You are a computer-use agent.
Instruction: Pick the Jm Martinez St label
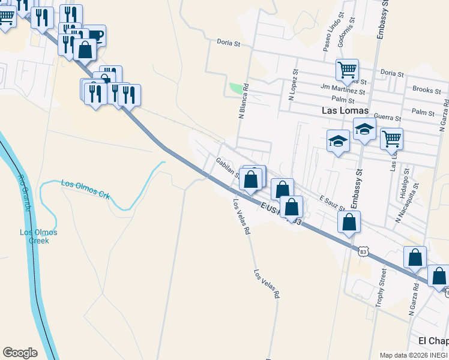click(343, 91)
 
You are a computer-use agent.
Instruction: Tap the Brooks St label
click(427, 91)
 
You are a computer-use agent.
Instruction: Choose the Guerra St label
click(387, 116)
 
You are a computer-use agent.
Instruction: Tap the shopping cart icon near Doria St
click(347, 70)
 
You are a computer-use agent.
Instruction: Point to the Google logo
click(20, 353)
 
